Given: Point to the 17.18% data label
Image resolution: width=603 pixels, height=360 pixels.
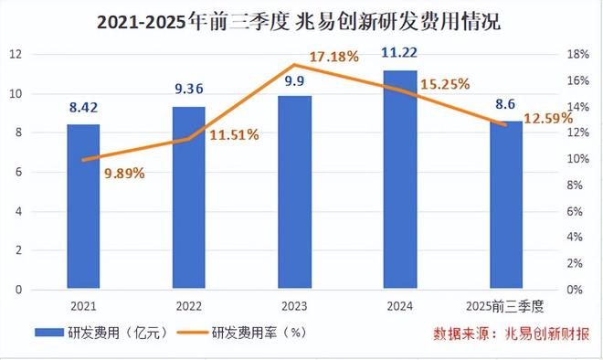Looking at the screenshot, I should point(334,58).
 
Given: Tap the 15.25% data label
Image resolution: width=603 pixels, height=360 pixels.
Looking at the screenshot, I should point(444,84).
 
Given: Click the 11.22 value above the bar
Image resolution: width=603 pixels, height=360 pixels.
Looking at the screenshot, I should point(400,54).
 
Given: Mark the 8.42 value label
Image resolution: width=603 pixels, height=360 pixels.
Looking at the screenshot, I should point(83,108).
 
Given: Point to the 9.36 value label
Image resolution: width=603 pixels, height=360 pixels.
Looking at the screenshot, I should point(189,90).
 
